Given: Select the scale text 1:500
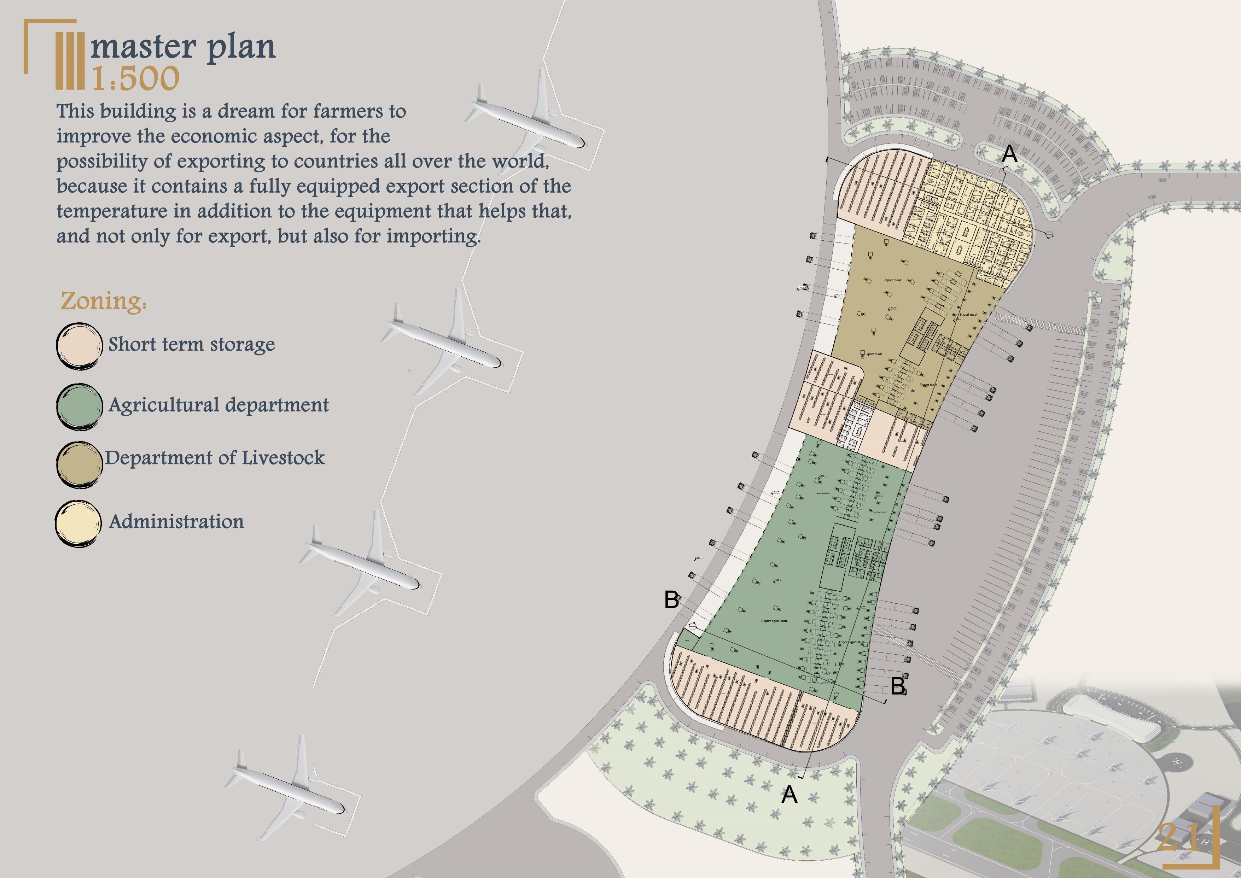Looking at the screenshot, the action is click(135, 79).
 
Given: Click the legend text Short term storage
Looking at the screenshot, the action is click(191, 344).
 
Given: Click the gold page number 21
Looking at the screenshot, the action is click(1178, 837).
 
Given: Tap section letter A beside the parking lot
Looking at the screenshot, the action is click(1009, 154).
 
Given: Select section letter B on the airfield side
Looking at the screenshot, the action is click(671, 599).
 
